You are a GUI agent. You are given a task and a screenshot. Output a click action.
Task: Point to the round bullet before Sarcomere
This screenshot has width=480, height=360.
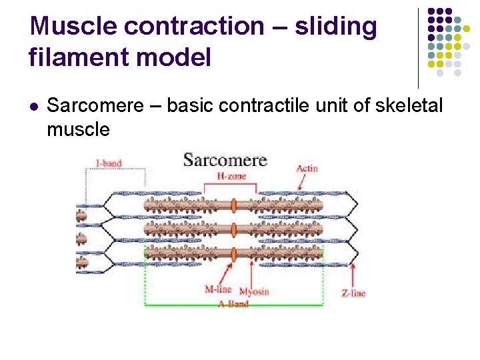coord(34,106)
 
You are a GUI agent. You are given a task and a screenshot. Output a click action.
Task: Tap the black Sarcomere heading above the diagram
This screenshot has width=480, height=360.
coord(225,160)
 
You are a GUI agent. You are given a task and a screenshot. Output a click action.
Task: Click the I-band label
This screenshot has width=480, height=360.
coord(109,163)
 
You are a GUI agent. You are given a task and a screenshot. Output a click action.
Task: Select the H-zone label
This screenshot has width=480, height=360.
coord(232,176)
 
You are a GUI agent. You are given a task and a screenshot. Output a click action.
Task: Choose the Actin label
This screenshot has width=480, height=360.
coord(307,168)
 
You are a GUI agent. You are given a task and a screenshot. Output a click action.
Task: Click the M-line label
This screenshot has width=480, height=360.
coord(218,289)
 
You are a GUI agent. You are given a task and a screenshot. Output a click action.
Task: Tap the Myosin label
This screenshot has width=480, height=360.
coord(254,291)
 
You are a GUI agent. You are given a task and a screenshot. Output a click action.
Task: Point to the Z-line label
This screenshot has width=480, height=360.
coord(353,292)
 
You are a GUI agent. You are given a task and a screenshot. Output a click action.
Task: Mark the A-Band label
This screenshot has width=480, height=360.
coord(233,304)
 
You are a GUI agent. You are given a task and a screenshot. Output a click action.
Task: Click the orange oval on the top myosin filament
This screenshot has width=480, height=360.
coord(234,207)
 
